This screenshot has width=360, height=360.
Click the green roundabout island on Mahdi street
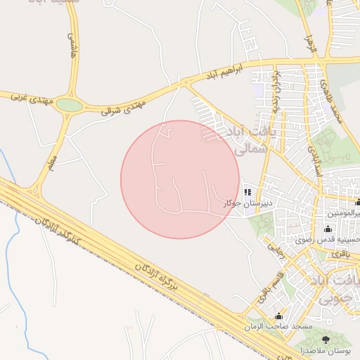(69, 105)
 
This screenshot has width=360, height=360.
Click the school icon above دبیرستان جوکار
(247, 191)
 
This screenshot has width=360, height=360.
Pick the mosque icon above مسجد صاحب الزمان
(279, 316)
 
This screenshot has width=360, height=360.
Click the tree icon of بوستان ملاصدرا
(324, 341)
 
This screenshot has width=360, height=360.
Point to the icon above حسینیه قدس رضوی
(328, 229)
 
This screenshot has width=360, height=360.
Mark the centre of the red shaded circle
(180, 179)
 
